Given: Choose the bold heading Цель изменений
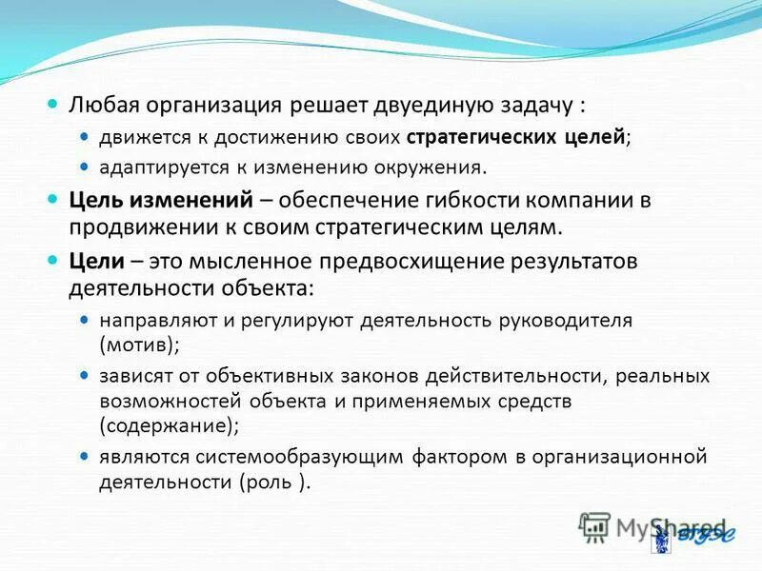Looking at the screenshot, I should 161,201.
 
